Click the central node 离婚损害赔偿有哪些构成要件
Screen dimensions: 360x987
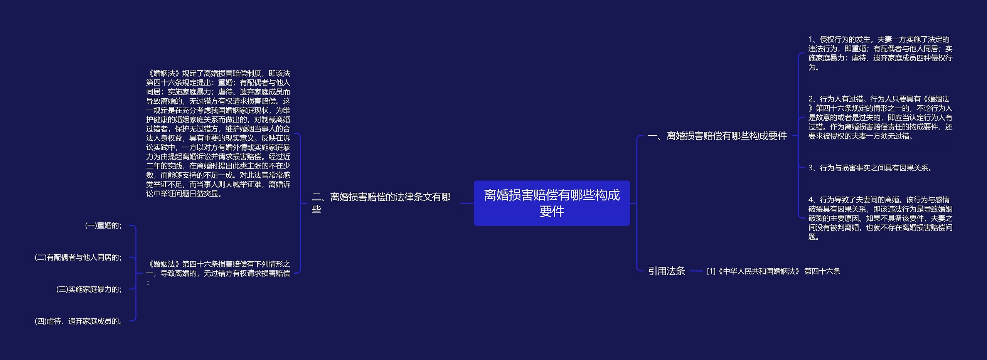(551, 203)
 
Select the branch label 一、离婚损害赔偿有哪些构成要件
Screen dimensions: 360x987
(717, 136)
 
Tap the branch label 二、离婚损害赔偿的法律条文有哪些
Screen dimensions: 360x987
(381, 203)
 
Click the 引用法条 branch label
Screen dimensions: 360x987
(666, 271)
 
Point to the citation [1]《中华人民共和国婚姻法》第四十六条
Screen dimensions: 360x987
(773, 271)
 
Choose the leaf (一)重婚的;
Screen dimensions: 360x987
(103, 226)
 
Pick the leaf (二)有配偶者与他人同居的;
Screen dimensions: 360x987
(78, 257)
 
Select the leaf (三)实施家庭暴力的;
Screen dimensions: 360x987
(89, 289)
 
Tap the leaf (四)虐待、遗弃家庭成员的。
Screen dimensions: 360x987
(79, 321)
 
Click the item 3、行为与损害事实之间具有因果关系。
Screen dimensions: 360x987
(870, 168)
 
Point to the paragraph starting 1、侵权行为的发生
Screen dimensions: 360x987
(880, 53)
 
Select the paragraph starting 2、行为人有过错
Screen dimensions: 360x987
(880, 118)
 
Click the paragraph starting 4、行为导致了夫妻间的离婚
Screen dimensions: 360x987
(880, 218)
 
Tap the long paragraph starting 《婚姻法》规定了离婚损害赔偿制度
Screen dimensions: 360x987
(218, 133)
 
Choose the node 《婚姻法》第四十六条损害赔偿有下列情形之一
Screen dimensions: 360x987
(218, 273)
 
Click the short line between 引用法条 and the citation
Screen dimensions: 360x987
(696, 271)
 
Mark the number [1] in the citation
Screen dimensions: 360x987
(711, 271)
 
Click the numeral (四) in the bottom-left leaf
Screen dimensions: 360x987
(40, 321)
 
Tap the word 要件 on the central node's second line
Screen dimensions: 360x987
(551, 211)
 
